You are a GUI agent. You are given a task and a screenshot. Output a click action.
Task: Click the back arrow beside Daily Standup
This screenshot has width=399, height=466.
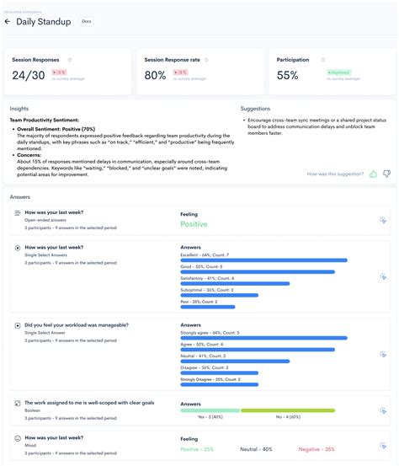[x=8, y=22]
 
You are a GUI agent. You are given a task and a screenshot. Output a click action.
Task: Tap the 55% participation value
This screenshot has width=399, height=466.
[x=288, y=76]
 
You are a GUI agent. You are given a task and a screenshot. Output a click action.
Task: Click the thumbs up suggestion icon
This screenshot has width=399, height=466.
[x=373, y=174]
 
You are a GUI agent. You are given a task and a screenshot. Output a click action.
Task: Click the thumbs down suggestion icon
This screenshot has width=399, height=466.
[x=386, y=174]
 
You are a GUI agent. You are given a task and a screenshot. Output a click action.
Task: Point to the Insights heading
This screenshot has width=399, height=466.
[x=19, y=109]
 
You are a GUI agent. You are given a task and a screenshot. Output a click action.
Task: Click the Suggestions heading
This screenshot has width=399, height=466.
[x=255, y=109]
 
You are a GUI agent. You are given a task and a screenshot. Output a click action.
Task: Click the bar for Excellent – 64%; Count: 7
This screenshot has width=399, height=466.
[x=263, y=260]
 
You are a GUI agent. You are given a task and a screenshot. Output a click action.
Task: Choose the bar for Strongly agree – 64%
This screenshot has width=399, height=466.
[x=263, y=337]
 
